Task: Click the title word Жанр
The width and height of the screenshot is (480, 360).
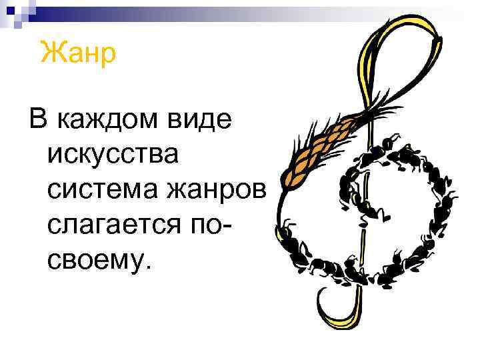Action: tap(78, 51)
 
